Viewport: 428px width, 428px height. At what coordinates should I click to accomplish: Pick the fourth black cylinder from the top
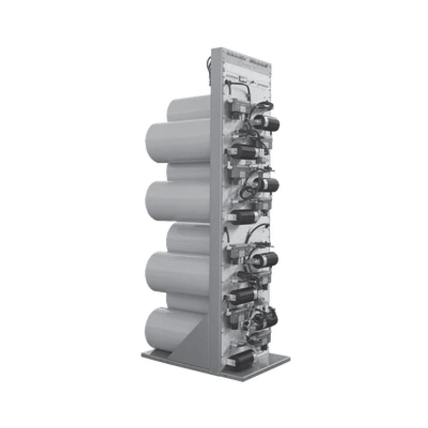pyautogui.click(x=244, y=215)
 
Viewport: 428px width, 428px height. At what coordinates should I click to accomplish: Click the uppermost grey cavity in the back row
pyautogui.click(x=187, y=110)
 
